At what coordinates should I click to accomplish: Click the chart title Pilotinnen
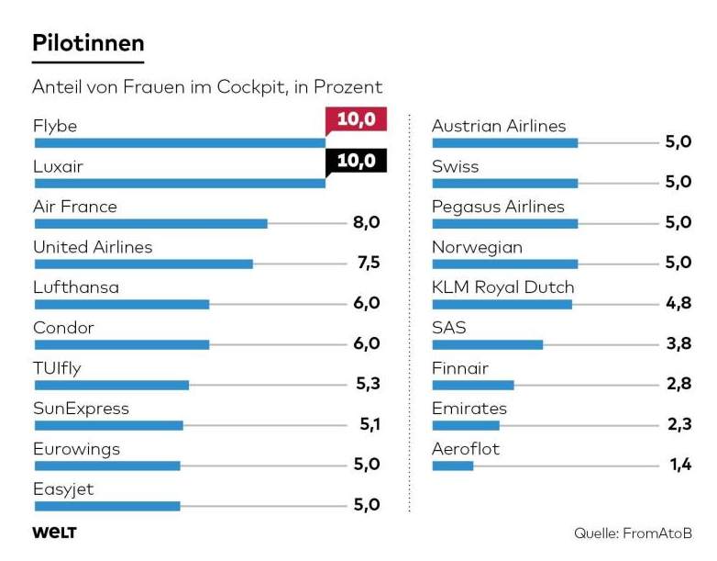coord(88,43)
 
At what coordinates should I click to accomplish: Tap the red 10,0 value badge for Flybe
coord(356,119)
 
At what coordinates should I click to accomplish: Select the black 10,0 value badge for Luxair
coord(356,161)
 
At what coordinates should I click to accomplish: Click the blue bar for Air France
coord(150,223)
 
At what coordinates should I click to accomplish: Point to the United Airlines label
coord(93,247)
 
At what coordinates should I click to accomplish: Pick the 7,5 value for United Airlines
coord(367,264)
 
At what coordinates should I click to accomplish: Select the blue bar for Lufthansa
coord(121,304)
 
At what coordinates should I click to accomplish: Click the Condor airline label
coord(63,328)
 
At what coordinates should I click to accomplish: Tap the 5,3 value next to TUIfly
coord(367,385)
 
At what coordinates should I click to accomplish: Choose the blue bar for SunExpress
coord(108,425)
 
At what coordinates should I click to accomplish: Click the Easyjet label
coord(63,489)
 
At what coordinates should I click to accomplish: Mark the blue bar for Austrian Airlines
coord(504,142)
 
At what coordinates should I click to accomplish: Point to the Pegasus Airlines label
coord(498,207)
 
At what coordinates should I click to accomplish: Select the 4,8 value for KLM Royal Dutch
coord(678,304)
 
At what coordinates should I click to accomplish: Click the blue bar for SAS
coord(487,344)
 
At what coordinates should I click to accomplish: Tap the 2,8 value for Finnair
coord(678,385)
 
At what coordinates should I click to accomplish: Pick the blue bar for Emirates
coord(465,425)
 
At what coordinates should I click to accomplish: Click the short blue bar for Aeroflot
coord(452,466)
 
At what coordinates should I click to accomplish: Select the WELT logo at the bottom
coord(54,533)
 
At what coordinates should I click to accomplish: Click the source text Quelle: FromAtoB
coord(633,533)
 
